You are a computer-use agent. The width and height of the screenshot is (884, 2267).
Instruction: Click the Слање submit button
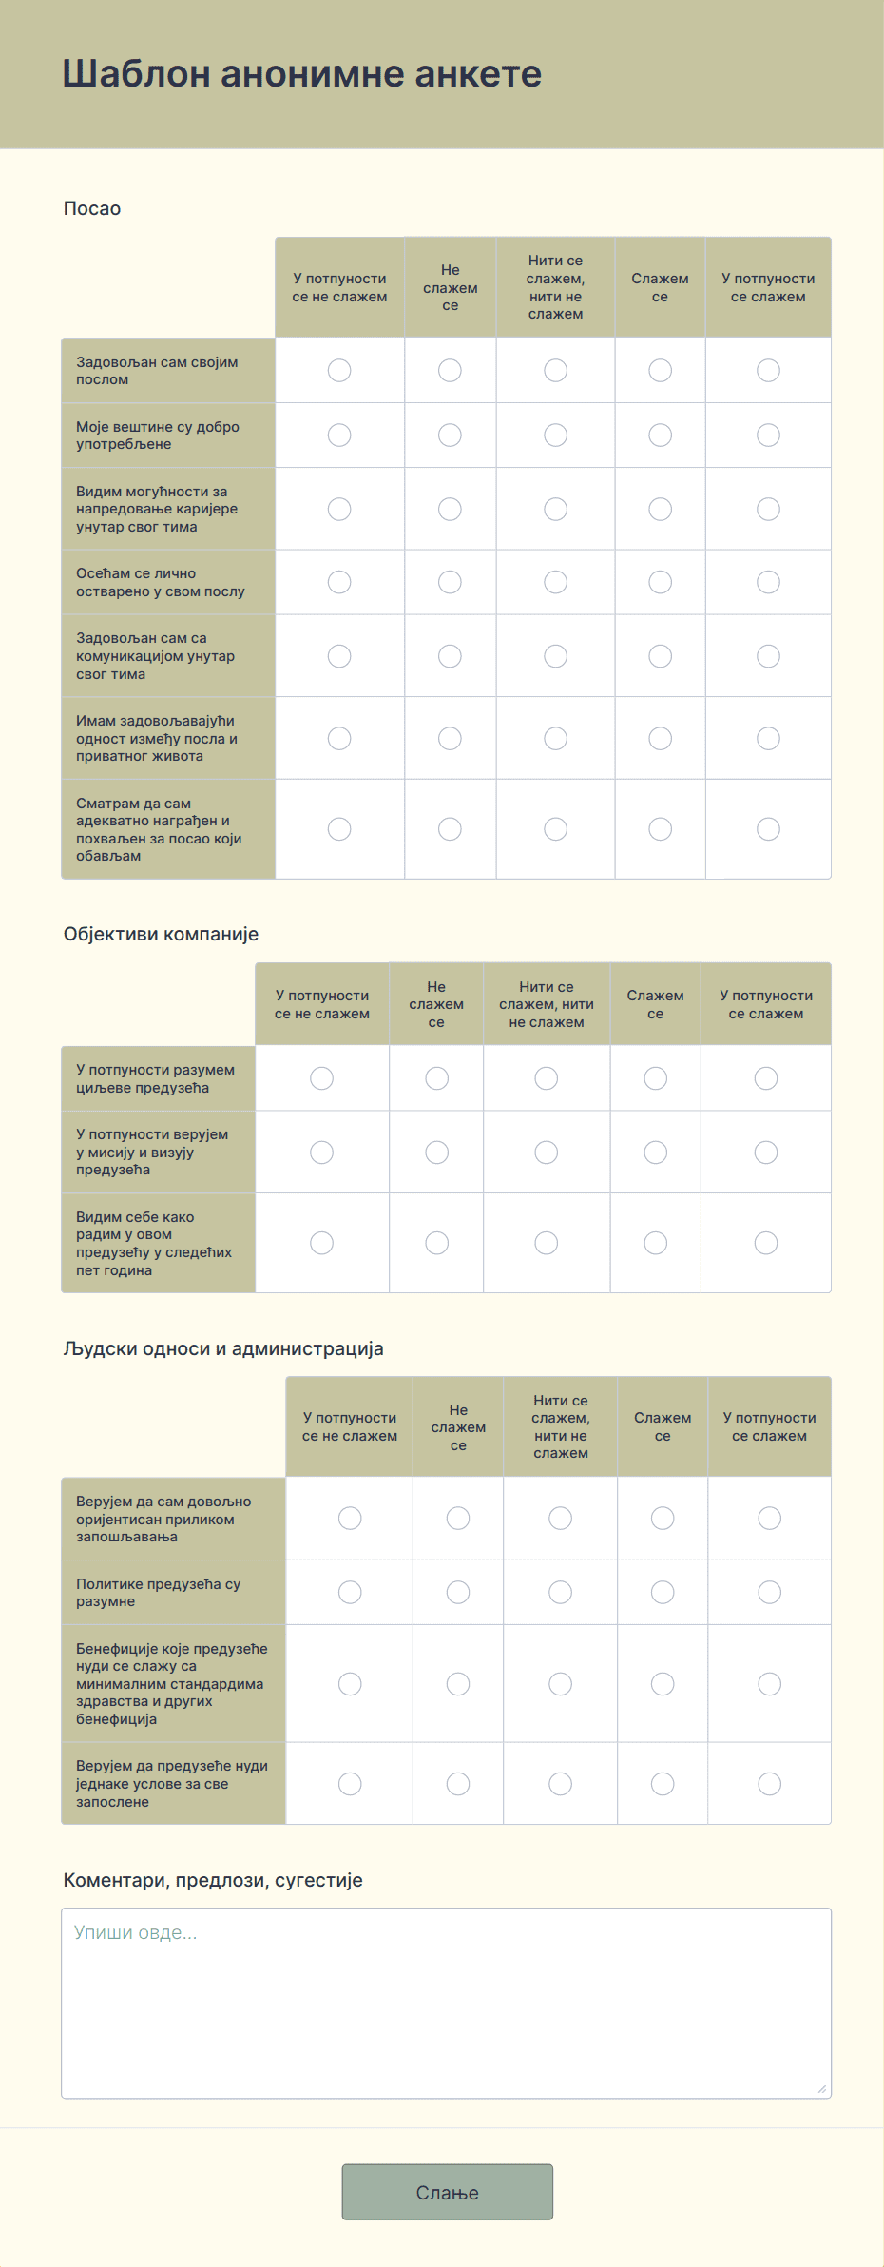point(447,2192)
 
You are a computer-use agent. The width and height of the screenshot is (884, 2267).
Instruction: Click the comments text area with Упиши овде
point(446,2002)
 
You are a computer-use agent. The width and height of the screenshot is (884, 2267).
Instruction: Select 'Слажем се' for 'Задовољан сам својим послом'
point(660,370)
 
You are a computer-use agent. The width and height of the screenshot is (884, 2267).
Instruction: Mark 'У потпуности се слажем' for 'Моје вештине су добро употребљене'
point(768,435)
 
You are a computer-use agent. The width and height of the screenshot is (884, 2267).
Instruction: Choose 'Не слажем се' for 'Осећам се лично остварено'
point(450,582)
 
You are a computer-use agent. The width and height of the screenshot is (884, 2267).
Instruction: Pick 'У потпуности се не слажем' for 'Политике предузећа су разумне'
point(350,1592)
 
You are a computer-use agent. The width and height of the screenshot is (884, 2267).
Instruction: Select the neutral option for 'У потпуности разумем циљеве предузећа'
point(546,1077)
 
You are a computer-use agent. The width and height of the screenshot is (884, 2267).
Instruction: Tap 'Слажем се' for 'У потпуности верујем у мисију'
point(655,1153)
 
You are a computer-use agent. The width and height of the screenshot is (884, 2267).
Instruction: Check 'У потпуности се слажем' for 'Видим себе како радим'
point(765,1243)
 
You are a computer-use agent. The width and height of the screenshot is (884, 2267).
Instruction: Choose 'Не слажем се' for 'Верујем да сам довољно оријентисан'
point(458,1518)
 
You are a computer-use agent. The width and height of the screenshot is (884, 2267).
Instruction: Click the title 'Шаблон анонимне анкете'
point(302,73)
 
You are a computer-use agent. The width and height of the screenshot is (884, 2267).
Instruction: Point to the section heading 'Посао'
point(92,208)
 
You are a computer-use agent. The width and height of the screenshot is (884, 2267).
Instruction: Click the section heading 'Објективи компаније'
point(161,934)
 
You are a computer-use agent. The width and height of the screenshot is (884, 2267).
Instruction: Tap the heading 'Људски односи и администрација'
point(223,1348)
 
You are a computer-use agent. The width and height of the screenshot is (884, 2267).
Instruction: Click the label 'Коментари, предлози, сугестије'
point(213,1880)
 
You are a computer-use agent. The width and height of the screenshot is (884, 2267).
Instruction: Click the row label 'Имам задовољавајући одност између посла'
point(157,738)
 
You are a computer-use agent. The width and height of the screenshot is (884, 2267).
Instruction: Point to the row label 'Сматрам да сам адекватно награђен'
point(159,829)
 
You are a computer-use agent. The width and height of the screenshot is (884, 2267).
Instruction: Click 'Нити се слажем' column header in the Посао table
point(555,287)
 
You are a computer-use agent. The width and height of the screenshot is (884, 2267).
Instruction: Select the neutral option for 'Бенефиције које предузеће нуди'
point(560,1684)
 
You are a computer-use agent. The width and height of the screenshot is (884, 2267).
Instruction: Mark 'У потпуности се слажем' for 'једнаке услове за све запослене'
point(769,1784)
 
